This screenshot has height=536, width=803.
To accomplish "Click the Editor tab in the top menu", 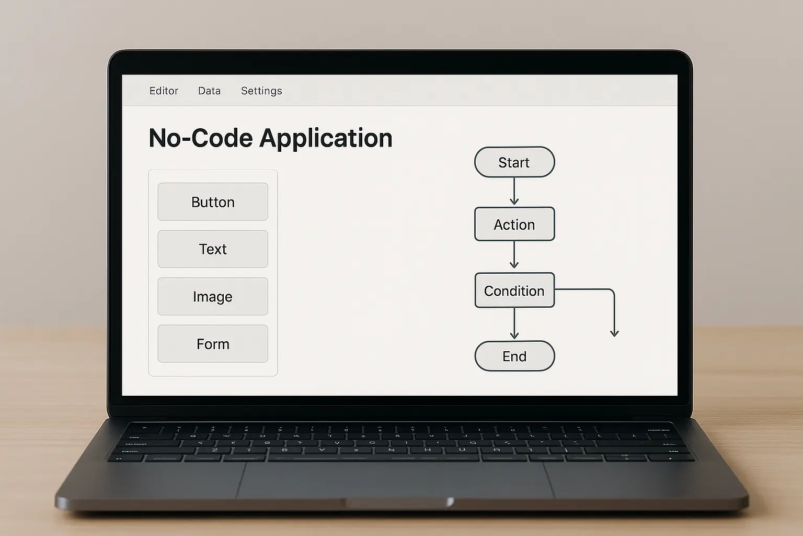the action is tap(164, 91).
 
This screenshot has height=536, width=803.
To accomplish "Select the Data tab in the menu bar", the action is tap(209, 91).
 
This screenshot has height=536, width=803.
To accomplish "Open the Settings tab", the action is tap(261, 91).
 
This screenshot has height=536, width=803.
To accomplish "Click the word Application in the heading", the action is tap(326, 139).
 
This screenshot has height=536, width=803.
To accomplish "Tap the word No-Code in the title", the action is tap(201, 138).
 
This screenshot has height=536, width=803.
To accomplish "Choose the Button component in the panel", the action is tap(213, 202).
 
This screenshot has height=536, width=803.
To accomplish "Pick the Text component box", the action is tap(213, 249).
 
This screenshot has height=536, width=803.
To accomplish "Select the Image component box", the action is tap(213, 297).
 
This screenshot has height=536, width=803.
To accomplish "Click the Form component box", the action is tap(213, 344).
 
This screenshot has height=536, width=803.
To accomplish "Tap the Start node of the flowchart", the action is tap(514, 162).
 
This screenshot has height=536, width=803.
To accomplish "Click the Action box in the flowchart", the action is tap(514, 224).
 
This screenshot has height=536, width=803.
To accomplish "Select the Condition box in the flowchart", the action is tap(514, 291).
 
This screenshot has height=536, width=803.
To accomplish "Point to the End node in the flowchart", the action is tap(514, 356).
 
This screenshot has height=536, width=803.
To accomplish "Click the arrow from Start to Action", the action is tap(514, 191).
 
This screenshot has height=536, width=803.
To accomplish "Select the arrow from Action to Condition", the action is tap(514, 254).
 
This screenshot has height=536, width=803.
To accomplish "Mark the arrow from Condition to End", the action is tap(514, 323).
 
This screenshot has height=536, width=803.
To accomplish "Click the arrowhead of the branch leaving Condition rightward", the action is tap(614, 333).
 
